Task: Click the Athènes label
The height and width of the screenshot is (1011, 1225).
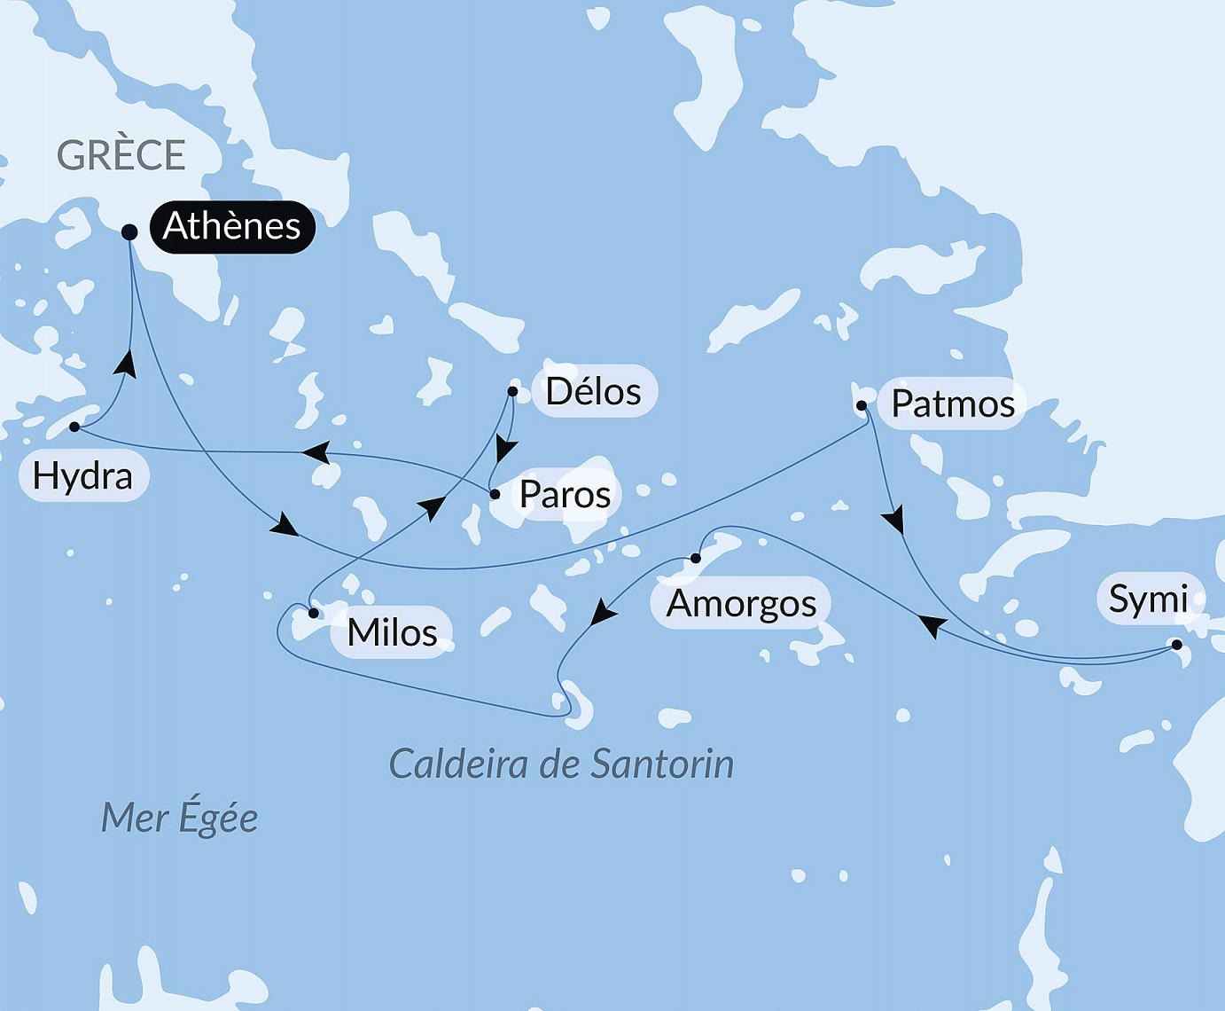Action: point(232,226)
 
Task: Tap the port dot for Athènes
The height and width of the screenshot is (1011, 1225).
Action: point(129,232)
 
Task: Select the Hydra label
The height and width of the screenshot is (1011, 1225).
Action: point(82,476)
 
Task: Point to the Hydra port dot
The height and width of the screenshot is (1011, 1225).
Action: point(75,427)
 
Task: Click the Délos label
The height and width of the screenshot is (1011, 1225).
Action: point(593,391)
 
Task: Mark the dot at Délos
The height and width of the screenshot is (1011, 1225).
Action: point(512,391)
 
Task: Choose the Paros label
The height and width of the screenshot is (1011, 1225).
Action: point(565,495)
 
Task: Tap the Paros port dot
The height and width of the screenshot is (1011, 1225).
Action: point(495,494)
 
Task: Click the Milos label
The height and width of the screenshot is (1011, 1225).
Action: point(392,632)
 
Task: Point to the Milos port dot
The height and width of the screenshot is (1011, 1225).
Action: point(313,613)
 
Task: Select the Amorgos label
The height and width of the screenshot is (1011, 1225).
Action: point(741,603)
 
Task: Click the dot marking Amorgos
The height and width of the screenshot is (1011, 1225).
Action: point(696,558)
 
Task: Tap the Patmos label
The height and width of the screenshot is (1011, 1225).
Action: point(953,404)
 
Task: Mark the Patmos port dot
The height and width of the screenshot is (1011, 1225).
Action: point(861,406)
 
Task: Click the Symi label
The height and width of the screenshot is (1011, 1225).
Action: point(1148,600)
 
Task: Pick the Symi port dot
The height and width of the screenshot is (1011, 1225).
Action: point(1177,645)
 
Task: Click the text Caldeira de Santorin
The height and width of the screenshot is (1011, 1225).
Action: point(561,764)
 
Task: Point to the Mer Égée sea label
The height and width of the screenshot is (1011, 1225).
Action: point(179,818)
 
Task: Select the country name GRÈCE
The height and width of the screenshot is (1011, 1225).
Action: point(121,155)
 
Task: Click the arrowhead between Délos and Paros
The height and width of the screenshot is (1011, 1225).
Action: point(504,450)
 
